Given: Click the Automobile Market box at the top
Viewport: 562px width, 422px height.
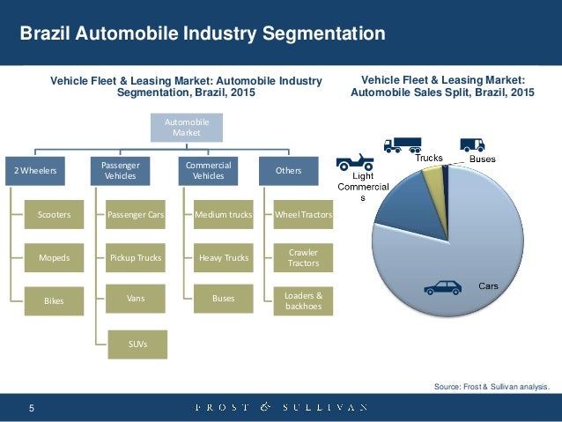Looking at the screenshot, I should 187,127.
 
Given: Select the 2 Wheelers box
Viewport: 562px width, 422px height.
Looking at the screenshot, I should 33,171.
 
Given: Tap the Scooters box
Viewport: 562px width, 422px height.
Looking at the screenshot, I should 55,214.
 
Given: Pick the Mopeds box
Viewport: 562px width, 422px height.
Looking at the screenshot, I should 55,257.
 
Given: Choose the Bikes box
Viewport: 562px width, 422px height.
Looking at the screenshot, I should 55,300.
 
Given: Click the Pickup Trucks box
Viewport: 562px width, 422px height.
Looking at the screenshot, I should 136,257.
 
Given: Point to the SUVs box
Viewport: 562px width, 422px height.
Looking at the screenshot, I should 136,343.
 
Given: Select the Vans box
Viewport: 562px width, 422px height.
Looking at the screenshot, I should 136,299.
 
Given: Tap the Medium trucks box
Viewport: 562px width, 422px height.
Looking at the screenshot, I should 223,214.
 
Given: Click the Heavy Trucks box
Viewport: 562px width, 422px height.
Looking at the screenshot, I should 223,257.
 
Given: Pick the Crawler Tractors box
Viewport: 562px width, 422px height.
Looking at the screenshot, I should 303,257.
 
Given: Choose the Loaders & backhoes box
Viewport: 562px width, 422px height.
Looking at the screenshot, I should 303,300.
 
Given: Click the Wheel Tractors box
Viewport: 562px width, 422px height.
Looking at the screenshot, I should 303,214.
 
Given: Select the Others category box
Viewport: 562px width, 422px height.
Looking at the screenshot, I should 289,171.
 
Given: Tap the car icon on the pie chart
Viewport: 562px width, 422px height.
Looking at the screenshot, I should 442,286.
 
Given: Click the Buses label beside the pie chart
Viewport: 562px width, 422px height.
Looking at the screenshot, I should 482,159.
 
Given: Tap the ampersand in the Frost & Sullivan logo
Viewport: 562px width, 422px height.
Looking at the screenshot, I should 264,407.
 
